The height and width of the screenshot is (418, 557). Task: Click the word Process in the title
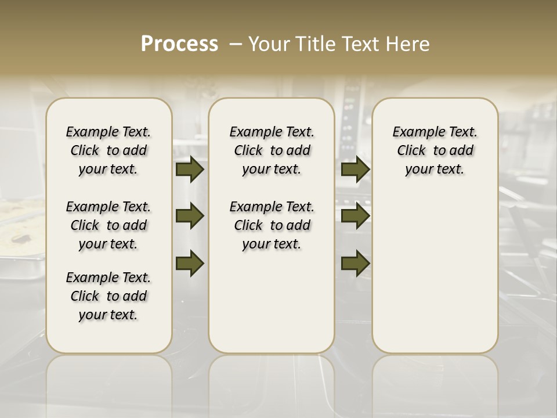point(179,44)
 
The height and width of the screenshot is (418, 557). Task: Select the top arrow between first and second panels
point(190,170)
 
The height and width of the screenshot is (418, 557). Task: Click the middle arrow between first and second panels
point(190,217)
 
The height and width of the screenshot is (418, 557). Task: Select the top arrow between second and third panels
point(355,170)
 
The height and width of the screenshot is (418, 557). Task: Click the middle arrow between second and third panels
point(355,217)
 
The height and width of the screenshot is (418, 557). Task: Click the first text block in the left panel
point(108,150)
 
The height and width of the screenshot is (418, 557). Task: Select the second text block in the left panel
point(108,225)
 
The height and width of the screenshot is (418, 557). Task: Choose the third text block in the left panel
point(108,296)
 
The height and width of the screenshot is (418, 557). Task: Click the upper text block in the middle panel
point(272,150)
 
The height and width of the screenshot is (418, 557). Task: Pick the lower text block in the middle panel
point(272,225)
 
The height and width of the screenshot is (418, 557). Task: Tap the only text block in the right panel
point(435,150)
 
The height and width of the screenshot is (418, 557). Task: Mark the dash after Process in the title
point(236,44)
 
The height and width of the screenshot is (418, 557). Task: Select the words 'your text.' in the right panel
point(435,169)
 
